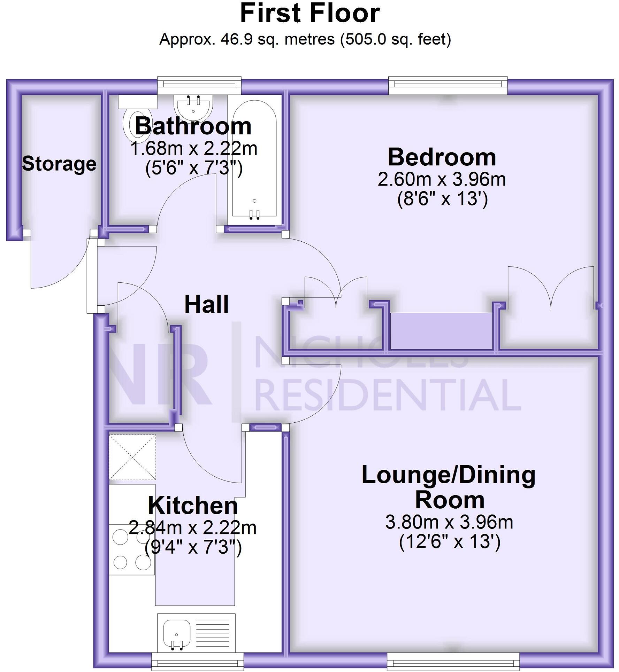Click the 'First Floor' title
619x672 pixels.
[x=310, y=14]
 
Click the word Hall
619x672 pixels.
[x=207, y=304]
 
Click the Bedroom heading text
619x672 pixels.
[x=442, y=157]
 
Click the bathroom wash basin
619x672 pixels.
[x=193, y=105]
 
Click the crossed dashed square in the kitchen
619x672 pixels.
[x=132, y=457]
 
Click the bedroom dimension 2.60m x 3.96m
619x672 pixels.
[x=442, y=180]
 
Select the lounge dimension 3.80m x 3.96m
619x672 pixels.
[x=449, y=522]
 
